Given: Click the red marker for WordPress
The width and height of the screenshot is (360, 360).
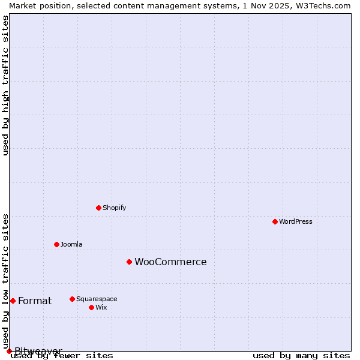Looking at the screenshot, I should point(275,221).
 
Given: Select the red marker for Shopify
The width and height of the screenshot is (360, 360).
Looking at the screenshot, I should point(98,208).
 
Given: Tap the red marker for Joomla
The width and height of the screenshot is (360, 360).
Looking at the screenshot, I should point(56,244).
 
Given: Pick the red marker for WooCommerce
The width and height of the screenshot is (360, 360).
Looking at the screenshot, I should point(129,262).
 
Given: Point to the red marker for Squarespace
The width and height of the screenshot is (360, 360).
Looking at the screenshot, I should point(72,299).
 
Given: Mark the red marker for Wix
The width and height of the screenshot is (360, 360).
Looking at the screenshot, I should point(91,307).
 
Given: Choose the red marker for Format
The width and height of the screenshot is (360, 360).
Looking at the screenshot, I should point(13,301).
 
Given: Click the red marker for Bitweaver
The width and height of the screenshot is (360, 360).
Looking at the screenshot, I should point(9,351).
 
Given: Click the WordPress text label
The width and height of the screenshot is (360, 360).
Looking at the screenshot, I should point(296,221).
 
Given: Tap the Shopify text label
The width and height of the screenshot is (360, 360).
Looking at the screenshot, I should point(115,208).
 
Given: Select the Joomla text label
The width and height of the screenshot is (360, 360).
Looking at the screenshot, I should point(71,244).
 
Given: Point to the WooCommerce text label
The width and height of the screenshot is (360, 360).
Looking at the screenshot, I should point(170,262).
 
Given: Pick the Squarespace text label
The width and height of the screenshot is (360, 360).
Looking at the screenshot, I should point(97,299).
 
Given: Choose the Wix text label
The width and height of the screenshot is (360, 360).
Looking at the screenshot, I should point(101,307).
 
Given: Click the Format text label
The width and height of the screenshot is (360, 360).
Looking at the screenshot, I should point(35,301).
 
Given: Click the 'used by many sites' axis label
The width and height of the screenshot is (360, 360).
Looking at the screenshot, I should point(301,355).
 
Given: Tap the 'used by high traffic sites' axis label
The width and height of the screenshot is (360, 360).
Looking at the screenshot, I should point(5,85).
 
